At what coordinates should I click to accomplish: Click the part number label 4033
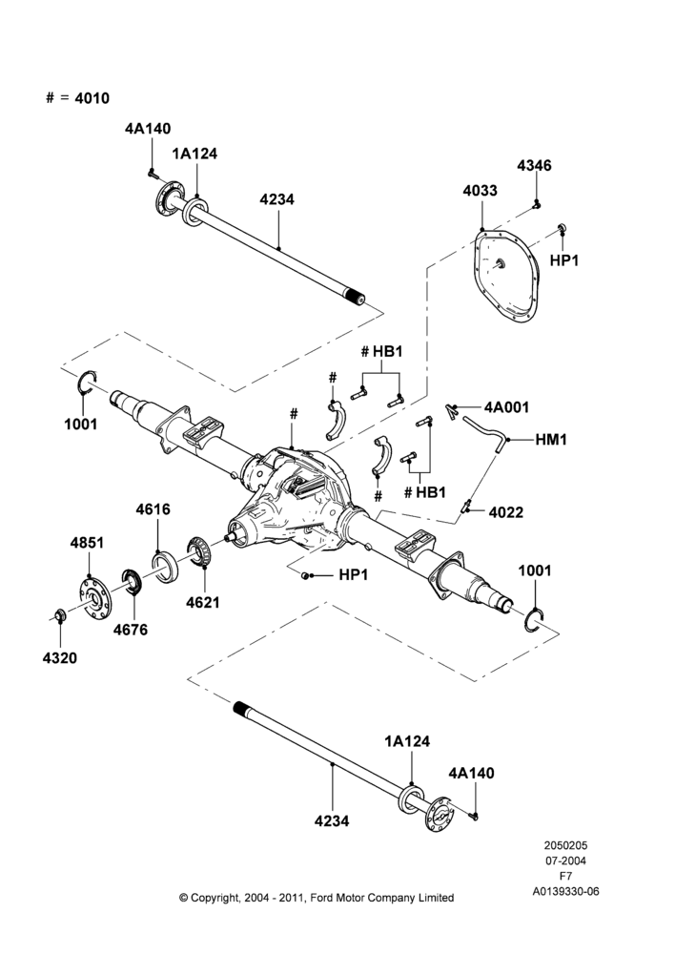click(x=480, y=191)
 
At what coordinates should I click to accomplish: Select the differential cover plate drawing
click(x=507, y=275)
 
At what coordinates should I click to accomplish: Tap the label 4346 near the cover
click(x=535, y=165)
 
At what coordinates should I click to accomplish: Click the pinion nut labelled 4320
click(x=60, y=614)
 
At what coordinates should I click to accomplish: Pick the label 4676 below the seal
click(x=130, y=630)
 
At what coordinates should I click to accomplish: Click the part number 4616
click(x=153, y=509)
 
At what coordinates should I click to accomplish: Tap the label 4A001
click(x=506, y=407)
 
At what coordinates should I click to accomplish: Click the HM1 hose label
click(x=551, y=439)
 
